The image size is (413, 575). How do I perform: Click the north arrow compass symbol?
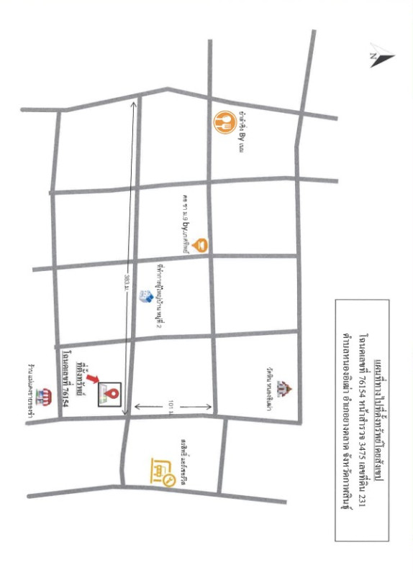[379, 58]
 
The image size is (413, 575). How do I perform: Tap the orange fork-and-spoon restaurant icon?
[224, 120]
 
